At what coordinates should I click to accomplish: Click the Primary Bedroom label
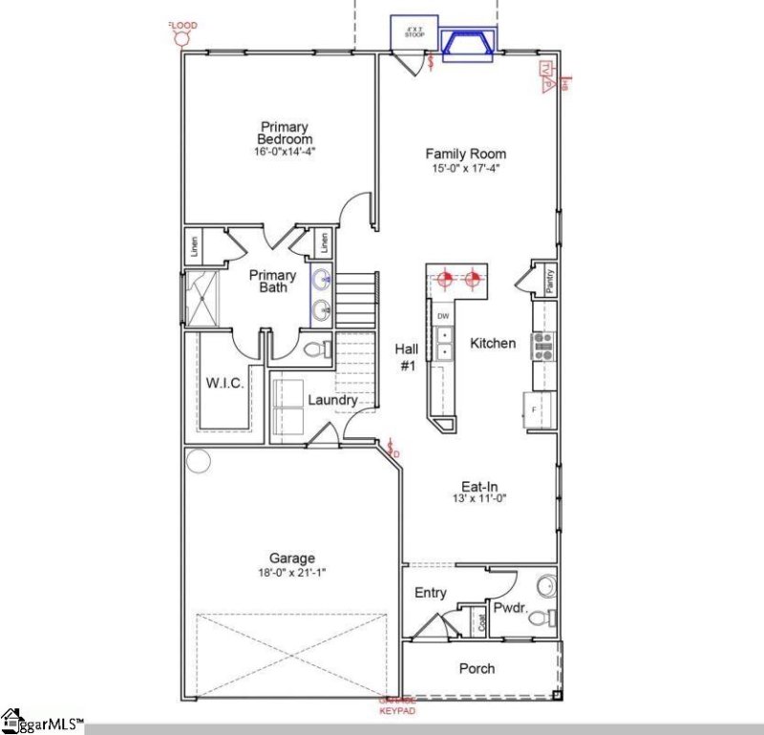click(x=285, y=133)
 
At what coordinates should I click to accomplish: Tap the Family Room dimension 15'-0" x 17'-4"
click(x=465, y=168)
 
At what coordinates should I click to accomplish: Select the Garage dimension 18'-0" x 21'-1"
click(x=292, y=574)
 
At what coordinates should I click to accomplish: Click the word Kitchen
click(x=493, y=343)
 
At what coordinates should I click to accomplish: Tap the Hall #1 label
click(x=407, y=357)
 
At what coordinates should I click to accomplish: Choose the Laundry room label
click(x=331, y=400)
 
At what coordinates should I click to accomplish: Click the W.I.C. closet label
click(x=225, y=383)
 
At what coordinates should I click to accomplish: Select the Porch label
click(x=477, y=668)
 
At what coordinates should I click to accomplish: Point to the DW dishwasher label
click(x=443, y=316)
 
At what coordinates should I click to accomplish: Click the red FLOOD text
click(x=182, y=25)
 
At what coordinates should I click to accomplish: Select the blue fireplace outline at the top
click(x=468, y=42)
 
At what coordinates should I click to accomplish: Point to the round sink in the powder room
click(x=545, y=584)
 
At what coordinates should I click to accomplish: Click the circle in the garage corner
click(x=199, y=462)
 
